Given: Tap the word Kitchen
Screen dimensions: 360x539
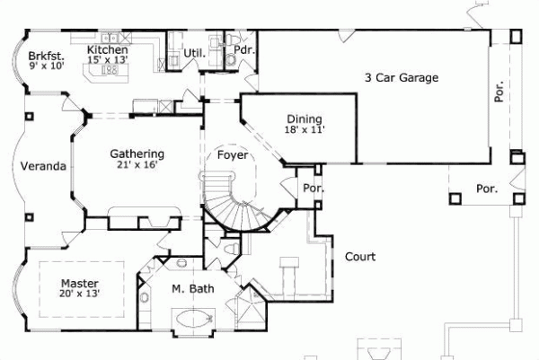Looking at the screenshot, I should pos(107,51).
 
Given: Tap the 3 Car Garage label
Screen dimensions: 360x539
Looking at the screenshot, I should pos(401,78).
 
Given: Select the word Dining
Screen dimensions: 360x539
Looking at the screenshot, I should pos(305,119).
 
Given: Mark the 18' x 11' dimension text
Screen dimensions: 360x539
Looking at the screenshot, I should pos(305,129).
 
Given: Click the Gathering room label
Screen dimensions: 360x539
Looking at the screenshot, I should pos(136,153).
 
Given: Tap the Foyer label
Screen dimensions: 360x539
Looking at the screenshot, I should pos(233,155).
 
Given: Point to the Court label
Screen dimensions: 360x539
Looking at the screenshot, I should pos(360,257).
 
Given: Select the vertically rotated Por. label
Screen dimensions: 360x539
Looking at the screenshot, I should pos(499,92).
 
